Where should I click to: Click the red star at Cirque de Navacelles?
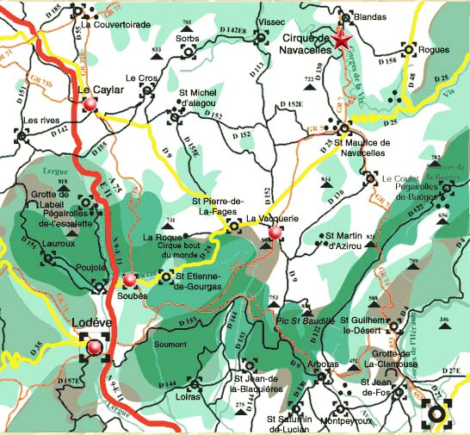tap(343, 40)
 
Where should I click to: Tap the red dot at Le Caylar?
tap(92, 105)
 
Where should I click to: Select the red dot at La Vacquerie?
tap(275, 233)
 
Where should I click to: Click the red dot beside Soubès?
tap(129, 280)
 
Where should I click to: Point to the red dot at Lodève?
tap(94, 347)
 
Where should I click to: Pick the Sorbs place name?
tap(187, 39)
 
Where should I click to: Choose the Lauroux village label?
tap(35, 244)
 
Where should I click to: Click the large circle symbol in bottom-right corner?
tap(438, 413)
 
